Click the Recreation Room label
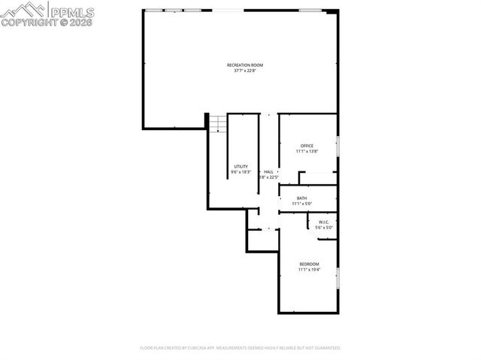pos(245,65)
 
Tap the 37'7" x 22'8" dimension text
pos(245,71)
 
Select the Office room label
pos(307,146)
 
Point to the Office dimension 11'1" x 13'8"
pos(307,152)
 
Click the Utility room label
pos(240,166)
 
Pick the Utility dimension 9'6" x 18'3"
pos(240,172)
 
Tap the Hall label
pos(268,172)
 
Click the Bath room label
pos(301,198)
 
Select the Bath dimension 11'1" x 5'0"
pos(301,204)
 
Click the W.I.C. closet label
pos(324,222)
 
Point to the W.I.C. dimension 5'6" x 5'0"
pos(324,227)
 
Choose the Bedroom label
pos(309,264)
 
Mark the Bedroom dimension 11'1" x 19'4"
pos(309,270)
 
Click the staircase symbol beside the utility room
pos(217,123)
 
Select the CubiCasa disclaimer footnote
pos(240,348)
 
